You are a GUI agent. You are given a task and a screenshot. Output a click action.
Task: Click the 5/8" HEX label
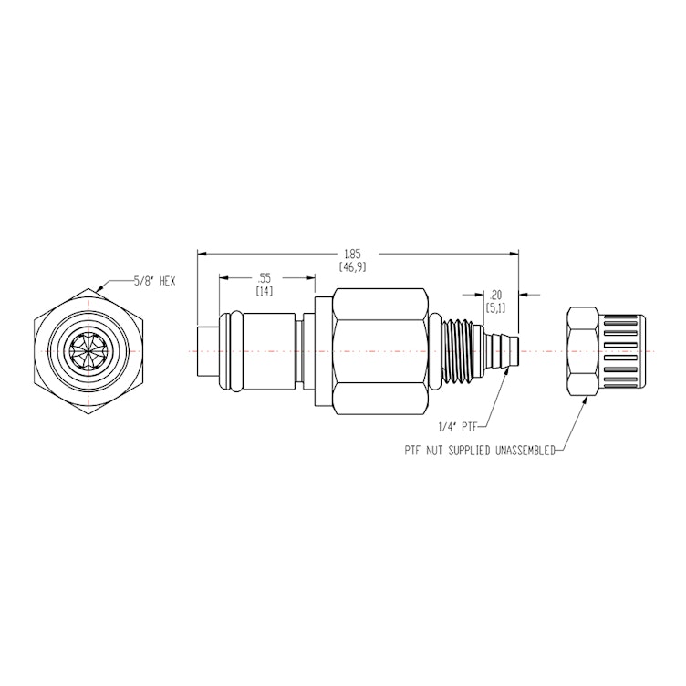coord(153,283)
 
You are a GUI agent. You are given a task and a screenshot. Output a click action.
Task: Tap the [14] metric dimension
coord(264,290)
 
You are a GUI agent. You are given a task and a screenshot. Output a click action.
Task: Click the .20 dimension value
coord(496,295)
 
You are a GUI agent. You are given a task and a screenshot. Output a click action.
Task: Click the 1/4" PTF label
coord(455,425)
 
